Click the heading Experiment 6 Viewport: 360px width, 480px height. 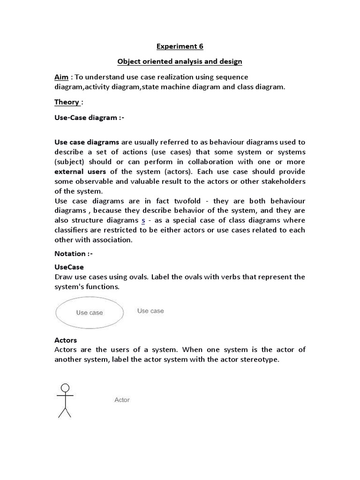(x=180, y=46)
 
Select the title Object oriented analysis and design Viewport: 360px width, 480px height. (x=180, y=61)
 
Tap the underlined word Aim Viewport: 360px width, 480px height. (x=61, y=77)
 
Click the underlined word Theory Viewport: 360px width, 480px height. (x=67, y=102)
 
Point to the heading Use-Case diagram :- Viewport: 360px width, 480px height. (x=89, y=118)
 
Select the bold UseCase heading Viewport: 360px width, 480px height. (x=69, y=267)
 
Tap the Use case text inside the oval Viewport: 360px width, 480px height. (x=90, y=313)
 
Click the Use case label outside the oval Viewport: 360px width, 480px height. (x=150, y=311)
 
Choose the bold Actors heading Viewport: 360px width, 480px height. (x=66, y=340)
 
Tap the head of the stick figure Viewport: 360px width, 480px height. (x=65, y=388)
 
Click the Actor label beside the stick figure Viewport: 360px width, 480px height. (x=122, y=400)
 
